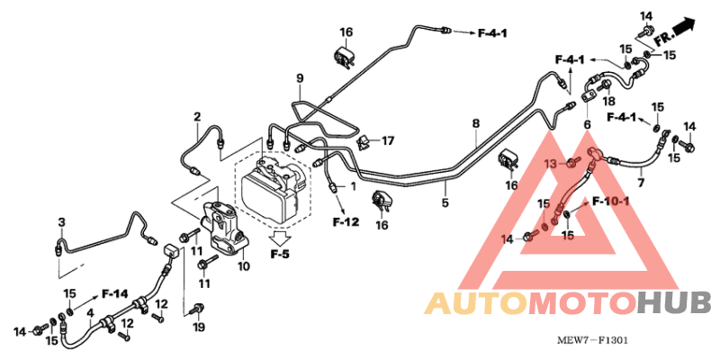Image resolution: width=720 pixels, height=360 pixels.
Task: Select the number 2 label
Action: point(196,117)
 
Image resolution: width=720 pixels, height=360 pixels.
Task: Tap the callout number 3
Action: point(61,222)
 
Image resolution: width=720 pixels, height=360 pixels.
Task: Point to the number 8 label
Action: point(475,122)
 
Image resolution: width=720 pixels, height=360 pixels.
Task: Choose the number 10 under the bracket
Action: point(243,266)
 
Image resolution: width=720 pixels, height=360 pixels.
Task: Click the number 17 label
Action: point(388,141)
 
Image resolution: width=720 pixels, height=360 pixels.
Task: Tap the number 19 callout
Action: point(200,328)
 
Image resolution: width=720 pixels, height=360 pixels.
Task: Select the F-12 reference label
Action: point(346,221)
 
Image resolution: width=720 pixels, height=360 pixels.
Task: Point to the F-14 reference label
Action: point(115,293)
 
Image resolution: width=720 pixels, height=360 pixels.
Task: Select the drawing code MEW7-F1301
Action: point(591,342)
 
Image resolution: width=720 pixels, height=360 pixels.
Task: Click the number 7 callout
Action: point(641,183)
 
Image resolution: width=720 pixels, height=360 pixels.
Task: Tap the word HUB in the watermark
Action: point(674,303)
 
